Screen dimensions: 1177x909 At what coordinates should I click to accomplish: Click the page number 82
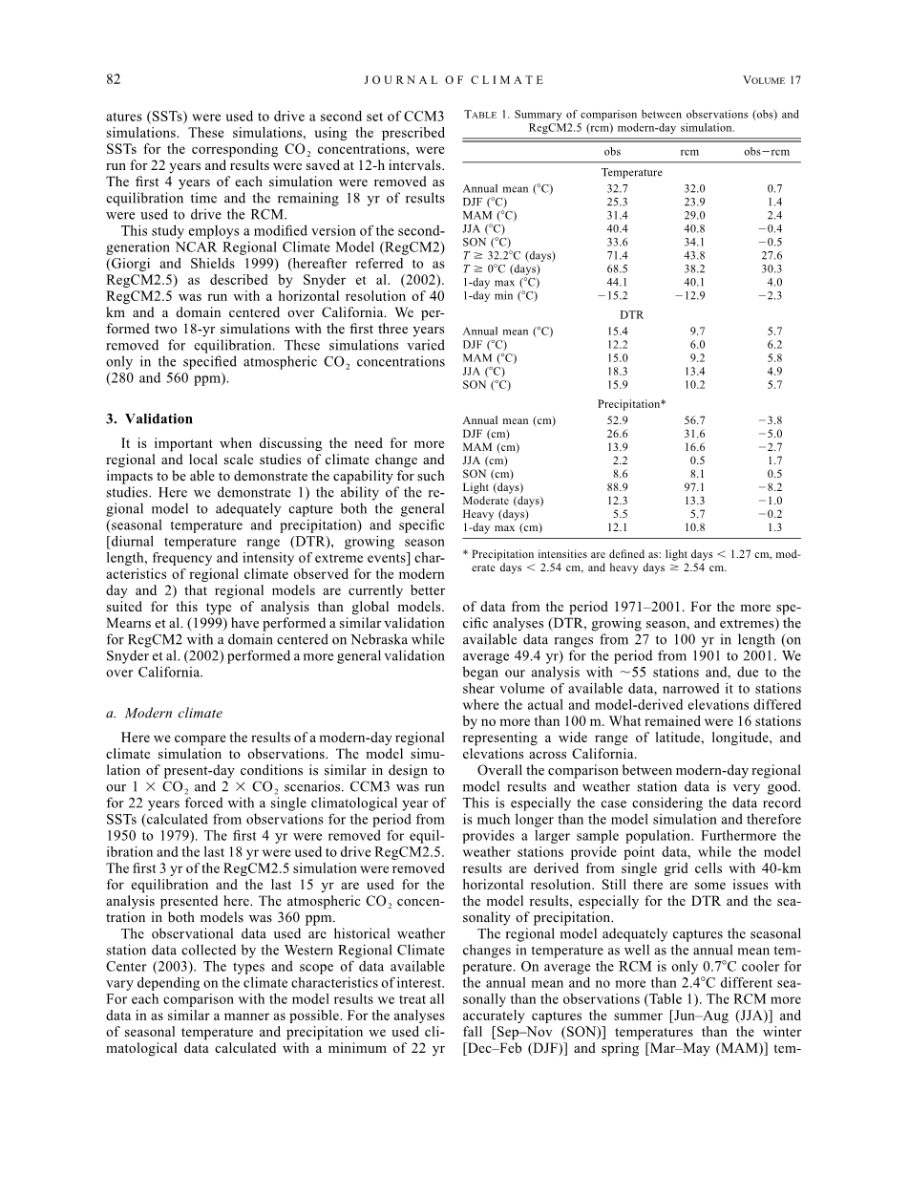click(114, 80)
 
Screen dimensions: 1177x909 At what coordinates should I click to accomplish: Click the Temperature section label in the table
click(631, 172)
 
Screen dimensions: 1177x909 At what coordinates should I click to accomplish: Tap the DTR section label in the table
click(631, 313)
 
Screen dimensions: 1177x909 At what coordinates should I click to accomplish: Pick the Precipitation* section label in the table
click(631, 403)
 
